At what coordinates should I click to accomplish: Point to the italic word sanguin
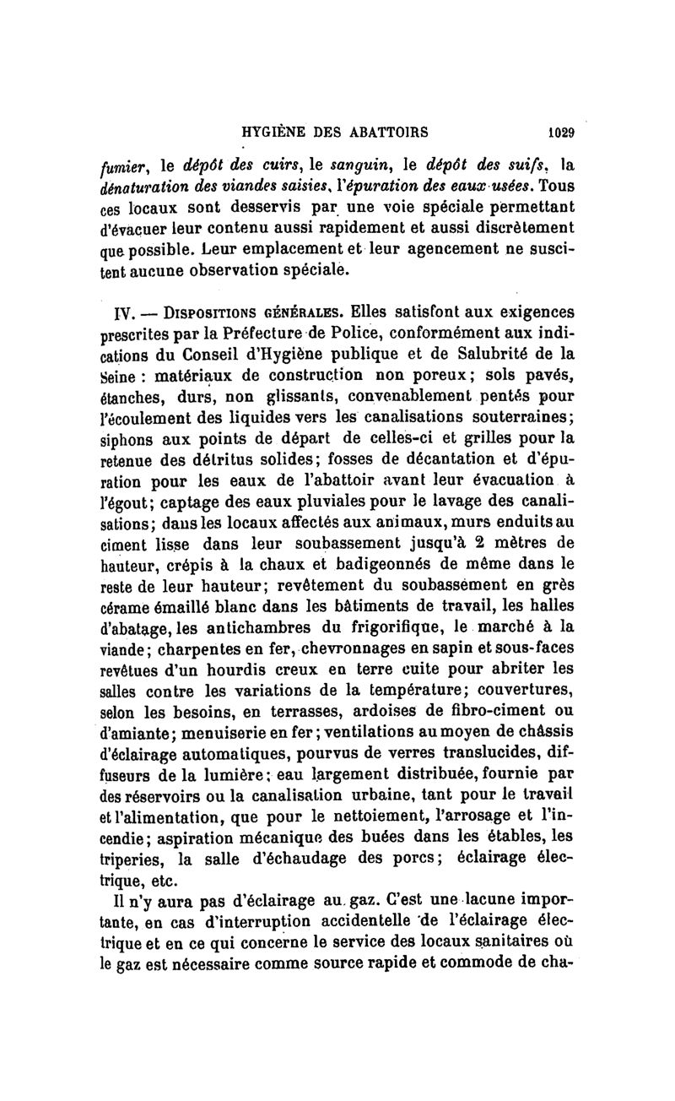pyautogui.click(x=305, y=167)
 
